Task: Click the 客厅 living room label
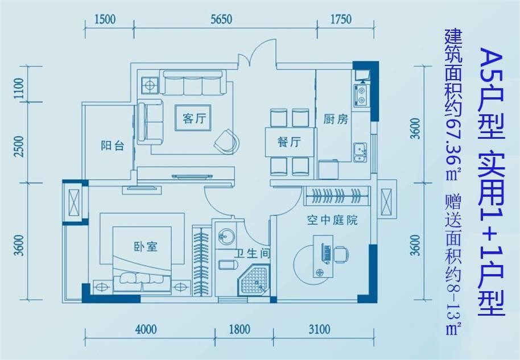[x=195, y=118]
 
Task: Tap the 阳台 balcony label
[x=113, y=145]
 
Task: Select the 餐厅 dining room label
[x=289, y=142]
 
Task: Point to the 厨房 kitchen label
[x=336, y=119]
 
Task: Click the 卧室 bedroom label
[x=146, y=246]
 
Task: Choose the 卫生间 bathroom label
[x=253, y=254]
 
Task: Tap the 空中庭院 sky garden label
[x=332, y=220]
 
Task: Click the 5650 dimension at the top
[x=221, y=19]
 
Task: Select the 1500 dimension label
[x=105, y=19]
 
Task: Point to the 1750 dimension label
[x=341, y=19]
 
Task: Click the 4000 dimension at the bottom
[x=146, y=329]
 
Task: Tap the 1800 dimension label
[x=239, y=329]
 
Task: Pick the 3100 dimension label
[x=319, y=329]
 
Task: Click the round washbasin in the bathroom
[x=226, y=235]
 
